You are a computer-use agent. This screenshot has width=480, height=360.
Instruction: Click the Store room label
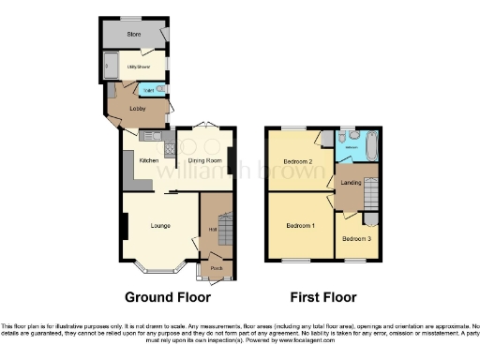(x=134, y=35)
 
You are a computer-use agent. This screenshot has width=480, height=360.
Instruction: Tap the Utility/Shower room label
(x=140, y=67)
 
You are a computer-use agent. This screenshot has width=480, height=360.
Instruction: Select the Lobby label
(x=137, y=109)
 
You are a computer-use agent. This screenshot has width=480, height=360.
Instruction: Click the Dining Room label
(x=203, y=160)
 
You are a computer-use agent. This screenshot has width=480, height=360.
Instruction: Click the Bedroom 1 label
(x=299, y=226)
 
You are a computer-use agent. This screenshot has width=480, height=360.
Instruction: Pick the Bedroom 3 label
(x=355, y=238)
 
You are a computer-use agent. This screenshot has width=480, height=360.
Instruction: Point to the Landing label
(x=352, y=182)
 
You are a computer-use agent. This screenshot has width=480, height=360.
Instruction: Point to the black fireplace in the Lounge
(x=123, y=226)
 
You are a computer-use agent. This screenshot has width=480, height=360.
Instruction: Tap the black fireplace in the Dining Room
(x=232, y=158)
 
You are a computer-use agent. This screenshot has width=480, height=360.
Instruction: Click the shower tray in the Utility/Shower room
(x=109, y=67)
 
